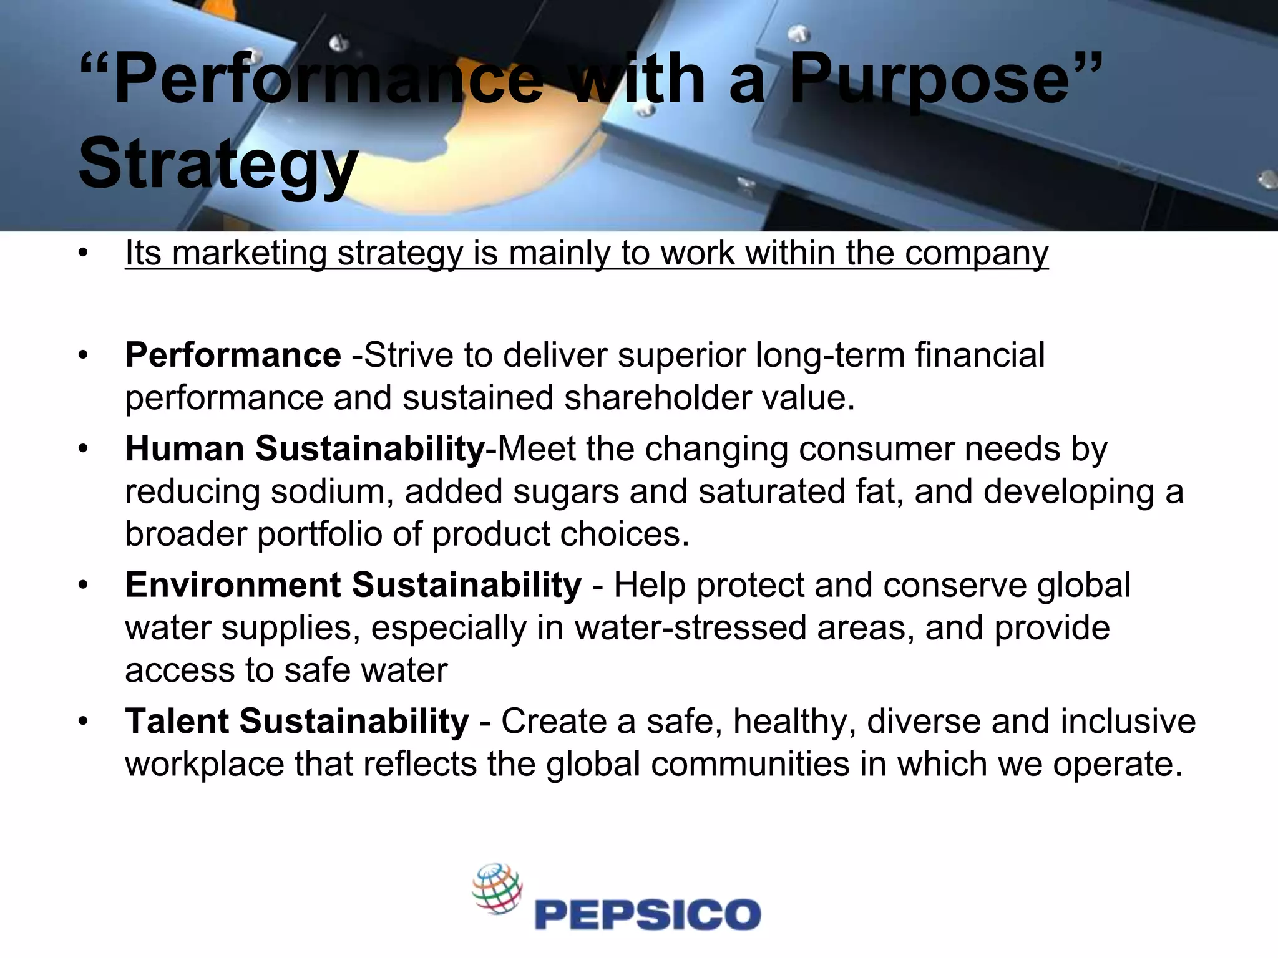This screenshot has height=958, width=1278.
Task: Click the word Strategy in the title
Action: coord(218,163)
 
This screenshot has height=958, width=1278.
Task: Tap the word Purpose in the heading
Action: coord(930,79)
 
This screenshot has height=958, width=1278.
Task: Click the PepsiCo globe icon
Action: coord(497,889)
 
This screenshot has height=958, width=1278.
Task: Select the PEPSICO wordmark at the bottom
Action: coord(648,914)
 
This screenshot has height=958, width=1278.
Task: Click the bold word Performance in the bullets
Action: coord(233,356)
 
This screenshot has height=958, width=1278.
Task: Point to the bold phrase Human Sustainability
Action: coord(305,449)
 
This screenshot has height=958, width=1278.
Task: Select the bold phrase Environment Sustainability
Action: coord(353,585)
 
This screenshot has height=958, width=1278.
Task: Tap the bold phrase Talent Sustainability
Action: coord(297,722)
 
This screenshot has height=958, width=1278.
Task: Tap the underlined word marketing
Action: coord(249,254)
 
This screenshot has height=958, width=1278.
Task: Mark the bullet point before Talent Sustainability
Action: coord(84,722)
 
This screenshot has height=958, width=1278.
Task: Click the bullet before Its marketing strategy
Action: coord(84,254)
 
